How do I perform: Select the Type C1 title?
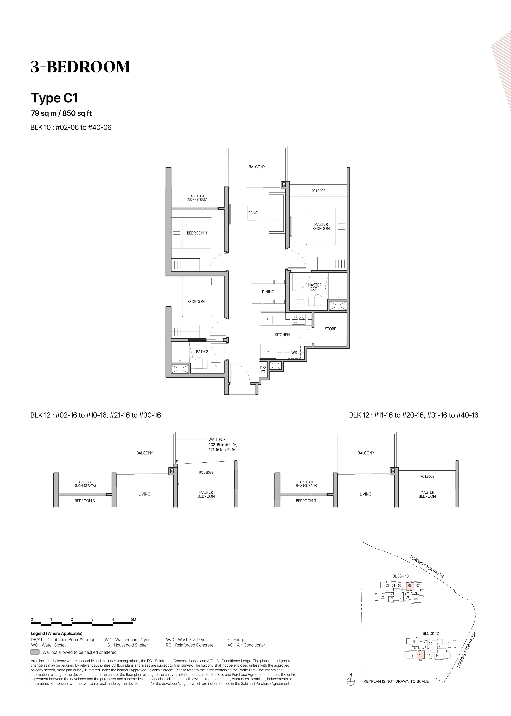coord(54,98)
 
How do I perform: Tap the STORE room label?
coord(330,329)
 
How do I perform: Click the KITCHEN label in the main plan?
coord(282,335)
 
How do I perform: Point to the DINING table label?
coord(268,292)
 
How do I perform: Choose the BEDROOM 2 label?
coord(198,302)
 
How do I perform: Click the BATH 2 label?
coord(202,352)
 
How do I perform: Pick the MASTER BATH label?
coord(315,287)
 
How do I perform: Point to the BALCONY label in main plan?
coord(257,167)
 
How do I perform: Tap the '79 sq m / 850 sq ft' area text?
coord(61,113)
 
